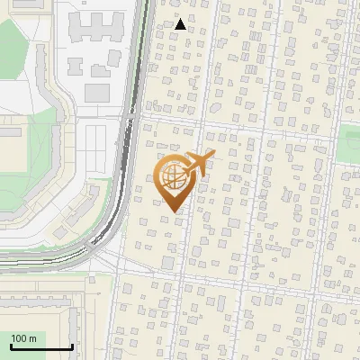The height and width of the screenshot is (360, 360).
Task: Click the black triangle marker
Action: coord(181,24)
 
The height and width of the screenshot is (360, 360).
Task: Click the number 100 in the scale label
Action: coord(20,338)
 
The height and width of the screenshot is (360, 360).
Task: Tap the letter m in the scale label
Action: coord(33,338)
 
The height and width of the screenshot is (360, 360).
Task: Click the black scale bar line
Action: coord(40,346)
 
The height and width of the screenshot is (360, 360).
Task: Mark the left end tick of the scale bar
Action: coord(10,345)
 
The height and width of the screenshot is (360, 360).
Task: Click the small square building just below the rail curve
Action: coord(166,261)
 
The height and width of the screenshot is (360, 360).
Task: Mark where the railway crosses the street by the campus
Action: coord(131,116)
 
